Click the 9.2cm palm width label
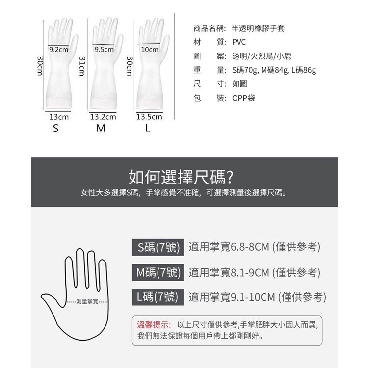(59, 50)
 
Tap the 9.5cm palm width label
(104, 50)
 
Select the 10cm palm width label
(150, 50)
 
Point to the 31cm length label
(82, 66)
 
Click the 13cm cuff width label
(59, 117)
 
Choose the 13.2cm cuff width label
(103, 117)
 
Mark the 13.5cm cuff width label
(149, 117)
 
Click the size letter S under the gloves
(56, 129)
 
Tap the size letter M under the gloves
(101, 129)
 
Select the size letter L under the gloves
(147, 129)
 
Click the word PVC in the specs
(239, 42)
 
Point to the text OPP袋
(243, 98)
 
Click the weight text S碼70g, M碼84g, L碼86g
(274, 70)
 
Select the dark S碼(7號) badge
(158, 247)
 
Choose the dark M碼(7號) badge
(158, 272)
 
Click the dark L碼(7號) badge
(158, 296)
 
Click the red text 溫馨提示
(154, 325)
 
